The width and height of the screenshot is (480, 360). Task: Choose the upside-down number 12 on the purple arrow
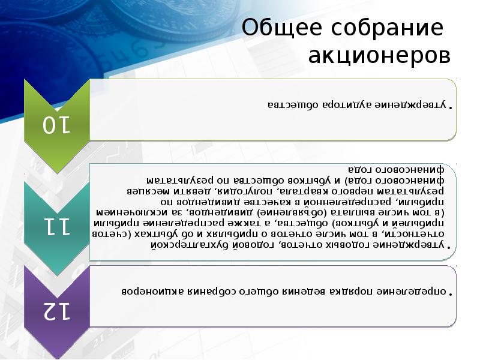[x=56, y=310]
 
